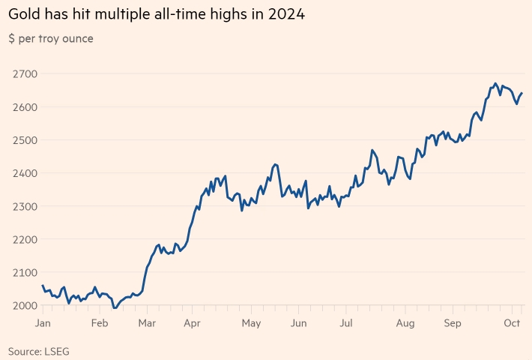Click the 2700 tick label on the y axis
(25, 73)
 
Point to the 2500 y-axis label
(25, 139)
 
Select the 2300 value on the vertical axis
(25, 205)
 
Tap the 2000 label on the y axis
(25, 305)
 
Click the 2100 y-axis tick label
(25, 272)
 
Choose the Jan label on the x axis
(43, 323)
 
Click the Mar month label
(147, 323)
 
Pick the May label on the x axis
(251, 323)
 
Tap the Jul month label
(346, 323)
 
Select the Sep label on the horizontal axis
(453, 323)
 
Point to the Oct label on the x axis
(513, 323)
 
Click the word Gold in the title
(25, 14)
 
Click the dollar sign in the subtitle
(12, 38)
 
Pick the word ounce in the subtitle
(77, 38)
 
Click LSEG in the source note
(58, 350)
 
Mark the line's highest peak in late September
(495, 83)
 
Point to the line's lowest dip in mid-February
(115, 307)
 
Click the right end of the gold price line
(522, 93)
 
